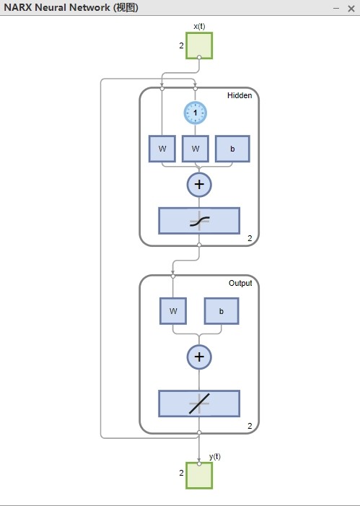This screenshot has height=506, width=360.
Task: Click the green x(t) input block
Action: [199, 45]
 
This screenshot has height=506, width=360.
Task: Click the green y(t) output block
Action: [199, 476]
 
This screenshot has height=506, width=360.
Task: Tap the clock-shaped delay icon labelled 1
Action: [196, 113]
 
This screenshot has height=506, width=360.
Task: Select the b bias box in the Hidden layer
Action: [232, 149]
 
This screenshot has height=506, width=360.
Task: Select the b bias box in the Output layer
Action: [221, 311]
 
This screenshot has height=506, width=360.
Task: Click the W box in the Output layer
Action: [173, 311]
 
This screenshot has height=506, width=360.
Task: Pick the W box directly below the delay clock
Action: [196, 149]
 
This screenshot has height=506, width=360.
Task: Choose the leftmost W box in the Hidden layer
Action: [162, 149]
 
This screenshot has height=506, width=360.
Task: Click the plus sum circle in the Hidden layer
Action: [199, 185]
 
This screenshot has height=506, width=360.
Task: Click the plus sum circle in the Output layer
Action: [199, 357]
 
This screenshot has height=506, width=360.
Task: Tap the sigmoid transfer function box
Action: [199, 221]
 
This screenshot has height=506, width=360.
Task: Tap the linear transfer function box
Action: [199, 404]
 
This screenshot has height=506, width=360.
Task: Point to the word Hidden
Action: [240, 95]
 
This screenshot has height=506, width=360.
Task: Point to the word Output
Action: [240, 284]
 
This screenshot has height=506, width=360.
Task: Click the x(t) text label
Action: [199, 27]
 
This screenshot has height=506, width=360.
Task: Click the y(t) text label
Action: [215, 457]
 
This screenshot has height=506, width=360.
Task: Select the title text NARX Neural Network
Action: [57, 7]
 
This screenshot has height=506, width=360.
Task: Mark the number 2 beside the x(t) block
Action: [181, 45]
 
